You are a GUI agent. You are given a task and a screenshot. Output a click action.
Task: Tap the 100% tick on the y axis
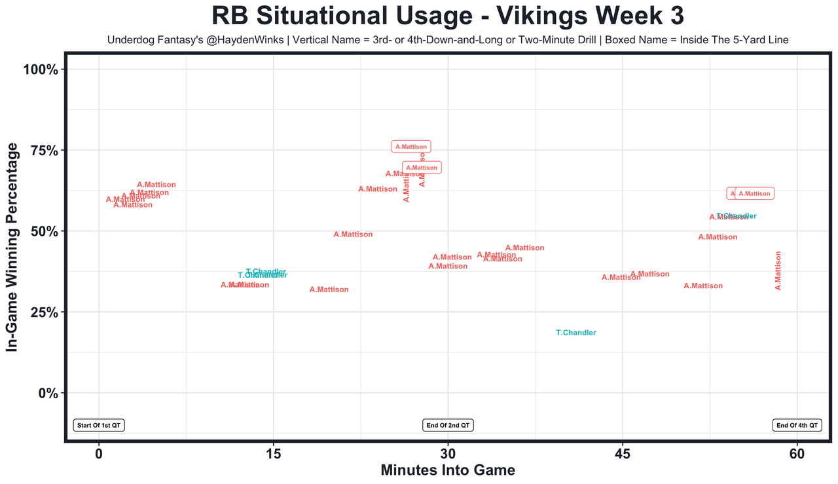[43, 70]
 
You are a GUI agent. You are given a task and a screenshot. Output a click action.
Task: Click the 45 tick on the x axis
[623, 454]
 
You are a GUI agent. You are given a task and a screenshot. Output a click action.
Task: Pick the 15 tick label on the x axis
[274, 454]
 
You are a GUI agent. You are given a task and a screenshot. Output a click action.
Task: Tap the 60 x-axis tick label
[797, 454]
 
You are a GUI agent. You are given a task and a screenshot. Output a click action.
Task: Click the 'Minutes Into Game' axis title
[448, 470]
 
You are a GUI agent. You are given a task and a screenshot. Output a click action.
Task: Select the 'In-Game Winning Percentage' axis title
[12, 248]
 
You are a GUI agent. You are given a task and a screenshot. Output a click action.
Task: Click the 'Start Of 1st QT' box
[99, 425]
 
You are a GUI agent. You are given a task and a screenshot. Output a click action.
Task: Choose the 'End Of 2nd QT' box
[448, 425]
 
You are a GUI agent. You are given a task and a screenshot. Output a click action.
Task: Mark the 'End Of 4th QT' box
[797, 425]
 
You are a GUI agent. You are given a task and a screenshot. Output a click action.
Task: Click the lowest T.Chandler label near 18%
[576, 333]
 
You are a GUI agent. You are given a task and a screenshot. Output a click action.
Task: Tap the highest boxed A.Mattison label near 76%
[411, 147]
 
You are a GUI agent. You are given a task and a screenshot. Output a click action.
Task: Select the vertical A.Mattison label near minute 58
[778, 270]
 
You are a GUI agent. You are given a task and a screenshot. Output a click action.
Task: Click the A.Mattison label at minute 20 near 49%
[353, 234]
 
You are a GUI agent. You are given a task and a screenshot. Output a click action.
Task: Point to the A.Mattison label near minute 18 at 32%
[329, 289]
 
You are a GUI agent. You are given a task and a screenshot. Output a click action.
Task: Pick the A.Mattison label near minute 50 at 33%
[703, 286]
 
